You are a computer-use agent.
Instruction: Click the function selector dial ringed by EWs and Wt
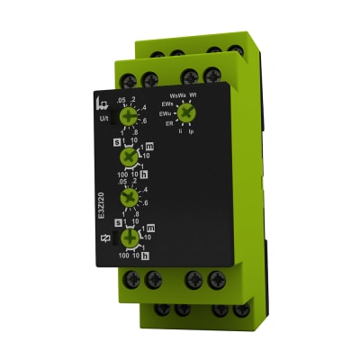(184, 112)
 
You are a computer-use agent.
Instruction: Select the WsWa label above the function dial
(177, 94)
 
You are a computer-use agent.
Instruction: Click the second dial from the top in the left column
(129, 157)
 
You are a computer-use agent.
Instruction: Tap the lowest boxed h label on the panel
(144, 256)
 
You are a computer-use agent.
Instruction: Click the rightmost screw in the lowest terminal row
(241, 311)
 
